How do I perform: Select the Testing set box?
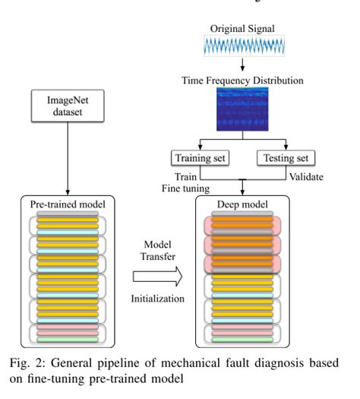(x=286, y=158)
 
